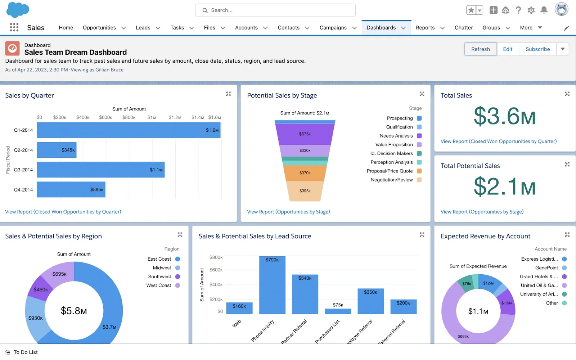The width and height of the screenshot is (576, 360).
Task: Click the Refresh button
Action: pos(480,49)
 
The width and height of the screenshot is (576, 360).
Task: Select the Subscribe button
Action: pos(537,49)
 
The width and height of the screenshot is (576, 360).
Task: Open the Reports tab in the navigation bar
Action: pos(425,28)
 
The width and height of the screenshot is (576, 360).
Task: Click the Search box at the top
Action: pos(275,10)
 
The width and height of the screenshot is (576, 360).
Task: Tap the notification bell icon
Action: pos(544,10)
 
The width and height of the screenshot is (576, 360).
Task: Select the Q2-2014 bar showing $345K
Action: pos(57,150)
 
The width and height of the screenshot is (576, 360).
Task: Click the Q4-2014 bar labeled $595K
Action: pos(71,190)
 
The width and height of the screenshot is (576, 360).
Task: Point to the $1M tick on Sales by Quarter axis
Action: pos(152,117)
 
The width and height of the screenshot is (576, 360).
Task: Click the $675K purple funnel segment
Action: pos(305,134)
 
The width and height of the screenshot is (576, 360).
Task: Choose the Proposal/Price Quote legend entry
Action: pos(390,171)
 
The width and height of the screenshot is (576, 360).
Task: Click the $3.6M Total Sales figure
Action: pos(504,117)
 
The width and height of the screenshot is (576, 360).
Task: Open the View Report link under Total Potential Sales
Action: pos(482,212)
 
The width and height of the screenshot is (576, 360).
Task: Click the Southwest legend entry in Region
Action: pos(159,276)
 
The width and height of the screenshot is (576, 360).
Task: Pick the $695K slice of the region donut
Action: pos(58,274)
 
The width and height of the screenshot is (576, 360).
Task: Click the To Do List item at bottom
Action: pos(25,352)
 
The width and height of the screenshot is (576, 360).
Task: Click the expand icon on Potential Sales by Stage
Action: pos(422,94)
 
